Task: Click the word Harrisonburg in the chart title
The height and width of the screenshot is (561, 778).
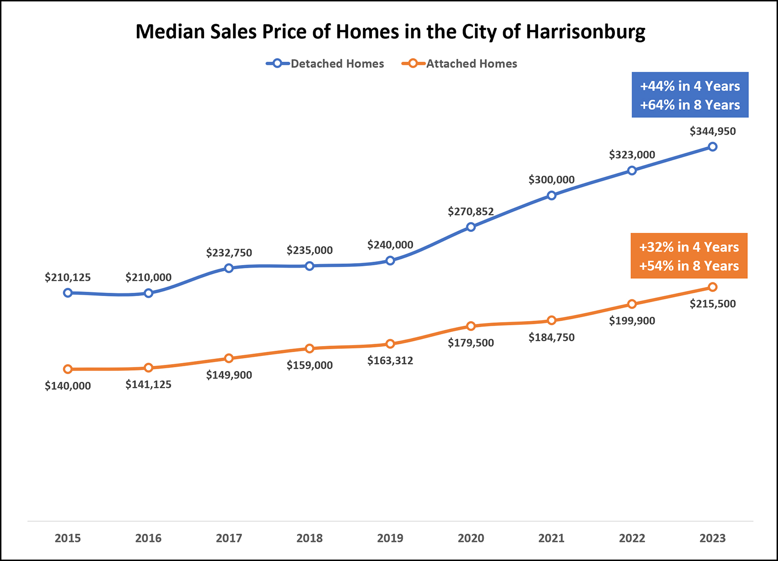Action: pyautogui.click(x=585, y=32)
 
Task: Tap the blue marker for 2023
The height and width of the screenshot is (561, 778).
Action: pyautogui.click(x=712, y=147)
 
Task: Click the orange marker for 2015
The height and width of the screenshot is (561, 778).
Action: pyautogui.click(x=68, y=369)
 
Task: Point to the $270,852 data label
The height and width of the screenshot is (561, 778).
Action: pyautogui.click(x=471, y=212)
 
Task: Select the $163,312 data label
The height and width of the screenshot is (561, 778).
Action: pyautogui.click(x=390, y=361)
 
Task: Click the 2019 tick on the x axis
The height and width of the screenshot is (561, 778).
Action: pyautogui.click(x=390, y=538)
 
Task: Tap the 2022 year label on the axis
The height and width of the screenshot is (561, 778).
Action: pyautogui.click(x=632, y=538)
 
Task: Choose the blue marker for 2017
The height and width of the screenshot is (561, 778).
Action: pyautogui.click(x=229, y=268)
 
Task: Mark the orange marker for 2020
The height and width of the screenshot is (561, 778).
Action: pyautogui.click(x=471, y=326)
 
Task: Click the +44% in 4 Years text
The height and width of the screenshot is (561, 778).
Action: pyautogui.click(x=690, y=86)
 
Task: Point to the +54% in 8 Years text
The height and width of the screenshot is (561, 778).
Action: pyautogui.click(x=689, y=266)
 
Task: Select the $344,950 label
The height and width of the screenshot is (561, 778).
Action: pyautogui.click(x=712, y=132)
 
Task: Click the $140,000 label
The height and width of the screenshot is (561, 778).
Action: pyautogui.click(x=68, y=386)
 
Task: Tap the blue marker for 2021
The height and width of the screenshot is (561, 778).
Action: pyautogui.click(x=551, y=195)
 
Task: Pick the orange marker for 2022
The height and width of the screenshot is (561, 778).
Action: pyautogui.click(x=632, y=304)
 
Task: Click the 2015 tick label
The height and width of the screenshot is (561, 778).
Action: pyautogui.click(x=68, y=538)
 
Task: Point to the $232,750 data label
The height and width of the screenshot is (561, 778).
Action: pyautogui.click(x=229, y=253)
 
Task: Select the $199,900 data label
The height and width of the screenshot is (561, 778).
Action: pyautogui.click(x=632, y=321)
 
